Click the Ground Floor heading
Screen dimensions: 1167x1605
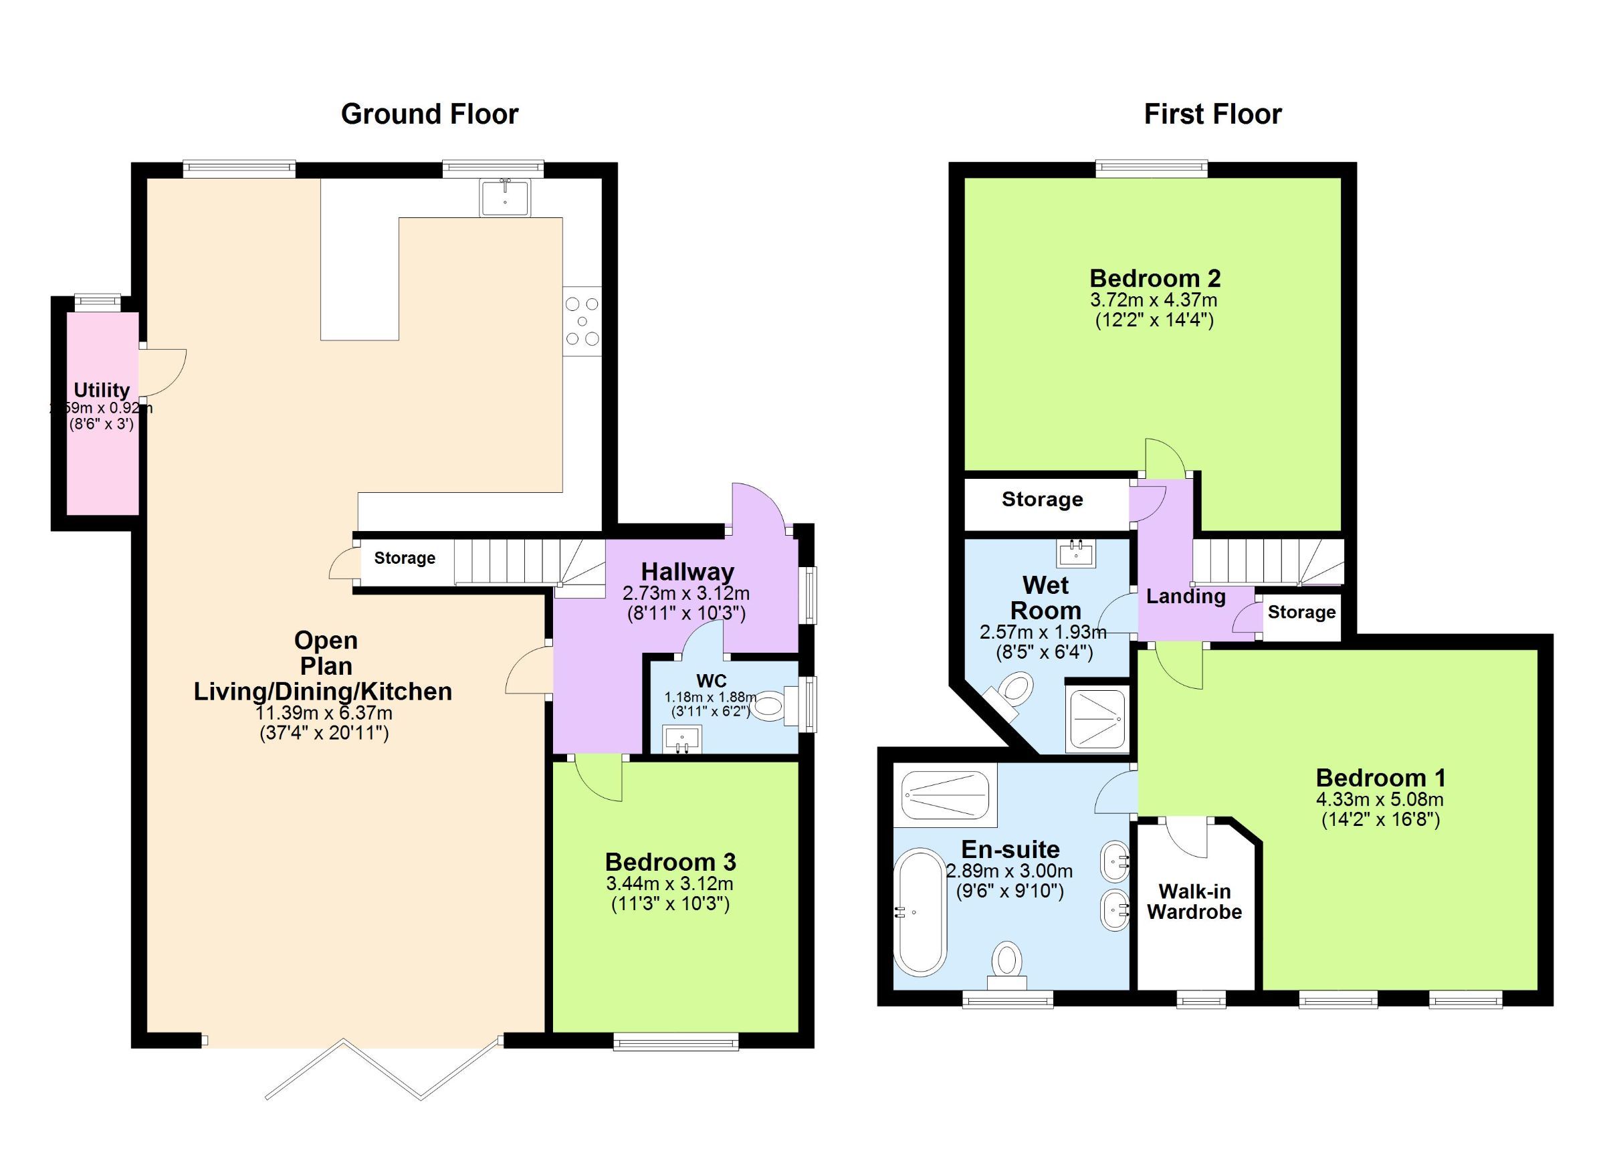(x=429, y=114)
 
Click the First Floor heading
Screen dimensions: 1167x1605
(x=1212, y=114)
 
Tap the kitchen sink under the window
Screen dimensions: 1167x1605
(x=504, y=197)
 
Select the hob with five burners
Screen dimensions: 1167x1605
(x=582, y=322)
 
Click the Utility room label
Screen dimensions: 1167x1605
(x=102, y=390)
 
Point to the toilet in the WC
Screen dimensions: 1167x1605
(x=770, y=706)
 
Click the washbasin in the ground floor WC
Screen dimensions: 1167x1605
(x=682, y=739)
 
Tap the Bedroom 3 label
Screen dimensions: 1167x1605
(x=670, y=862)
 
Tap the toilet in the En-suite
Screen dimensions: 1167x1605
(x=1007, y=964)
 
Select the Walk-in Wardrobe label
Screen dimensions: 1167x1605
(x=1194, y=901)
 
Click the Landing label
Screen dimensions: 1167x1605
(x=1185, y=596)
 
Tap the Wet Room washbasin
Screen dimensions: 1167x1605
(x=1077, y=552)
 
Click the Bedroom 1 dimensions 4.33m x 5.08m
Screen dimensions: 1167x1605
(x=1380, y=801)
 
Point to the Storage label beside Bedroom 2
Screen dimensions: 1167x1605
(x=1042, y=500)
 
